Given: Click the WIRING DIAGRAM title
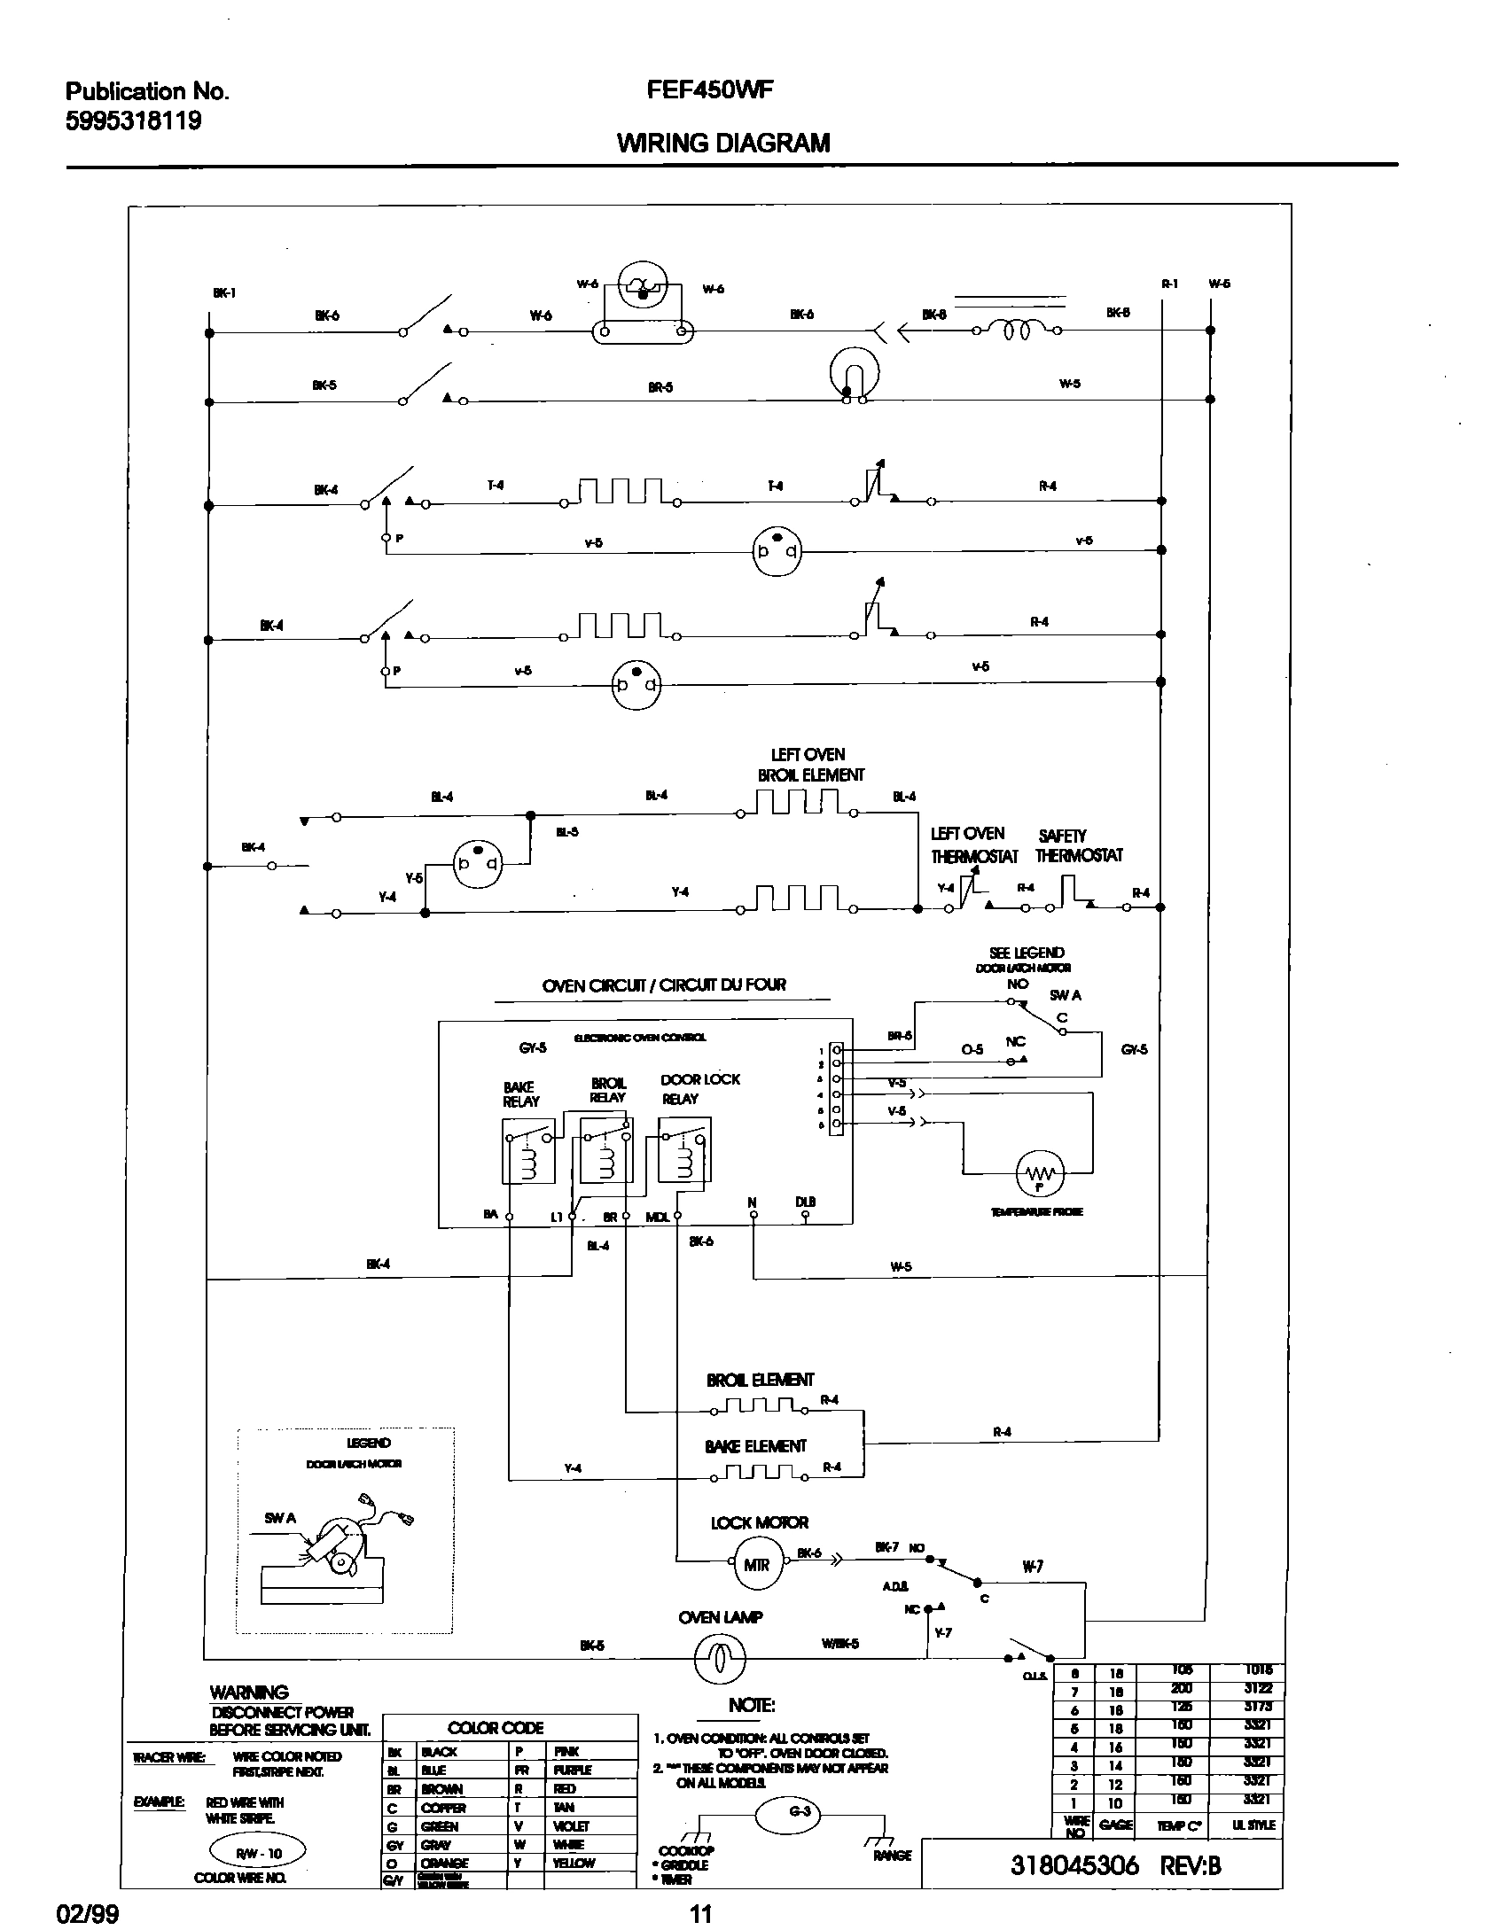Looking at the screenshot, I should (x=723, y=143).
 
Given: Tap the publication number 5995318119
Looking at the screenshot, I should (x=134, y=121).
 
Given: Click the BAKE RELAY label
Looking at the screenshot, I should (x=520, y=1094).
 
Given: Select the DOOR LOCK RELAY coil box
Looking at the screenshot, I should (x=684, y=1149).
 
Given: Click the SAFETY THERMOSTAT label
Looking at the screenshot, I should (x=1078, y=845).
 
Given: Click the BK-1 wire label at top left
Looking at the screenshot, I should (x=225, y=293).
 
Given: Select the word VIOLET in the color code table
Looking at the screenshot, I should (x=571, y=1825).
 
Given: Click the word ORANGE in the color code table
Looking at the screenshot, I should (x=444, y=1863).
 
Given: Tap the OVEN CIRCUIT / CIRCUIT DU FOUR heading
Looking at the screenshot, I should (x=663, y=984).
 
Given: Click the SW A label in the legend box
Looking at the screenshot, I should (x=280, y=1518).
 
